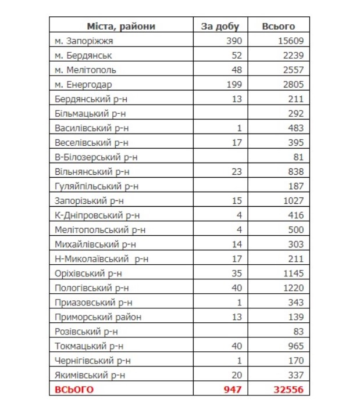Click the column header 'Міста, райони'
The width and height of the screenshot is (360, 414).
coord(121,26)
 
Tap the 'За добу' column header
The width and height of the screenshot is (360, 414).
coord(216,26)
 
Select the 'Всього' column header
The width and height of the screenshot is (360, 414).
coord(279,26)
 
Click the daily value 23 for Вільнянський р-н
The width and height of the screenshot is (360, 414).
coord(235,172)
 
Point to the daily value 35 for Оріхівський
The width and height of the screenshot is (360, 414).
coord(235,273)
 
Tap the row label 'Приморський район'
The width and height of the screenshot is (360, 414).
coord(97,317)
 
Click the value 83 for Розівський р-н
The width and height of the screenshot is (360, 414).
coord(298,332)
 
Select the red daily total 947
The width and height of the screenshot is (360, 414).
coord(231,390)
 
